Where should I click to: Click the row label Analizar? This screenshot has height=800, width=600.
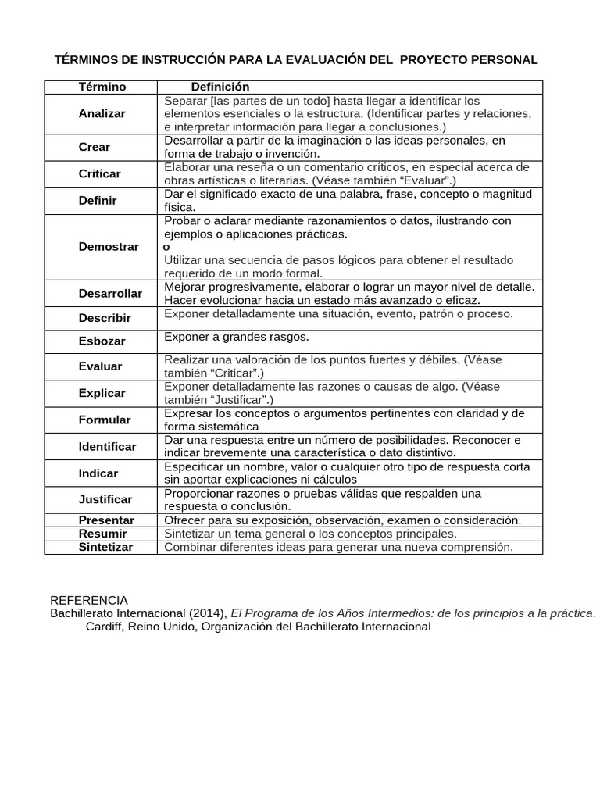pyautogui.click(x=102, y=114)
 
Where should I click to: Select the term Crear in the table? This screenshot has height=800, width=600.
pyautogui.click(x=95, y=147)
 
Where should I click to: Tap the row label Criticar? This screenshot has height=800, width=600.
pyautogui.click(x=100, y=173)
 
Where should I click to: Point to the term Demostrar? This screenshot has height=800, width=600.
pyautogui.click(x=109, y=247)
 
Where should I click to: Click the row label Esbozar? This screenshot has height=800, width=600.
pyautogui.click(x=102, y=341)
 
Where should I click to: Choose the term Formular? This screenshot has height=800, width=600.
pyautogui.click(x=105, y=420)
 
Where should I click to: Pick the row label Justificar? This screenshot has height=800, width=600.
pyautogui.click(x=105, y=499)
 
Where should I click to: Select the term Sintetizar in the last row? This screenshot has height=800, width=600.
pyautogui.click(x=105, y=547)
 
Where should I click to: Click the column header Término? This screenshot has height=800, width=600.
pyautogui.click(x=102, y=87)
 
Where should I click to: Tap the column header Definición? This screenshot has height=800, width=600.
pyautogui.click(x=220, y=87)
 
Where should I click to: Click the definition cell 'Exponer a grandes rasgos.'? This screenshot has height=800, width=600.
pyautogui.click(x=237, y=337)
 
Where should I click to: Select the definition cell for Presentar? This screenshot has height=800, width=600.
pyautogui.click(x=342, y=520)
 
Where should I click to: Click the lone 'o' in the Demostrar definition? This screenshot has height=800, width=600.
pyautogui.click(x=166, y=247)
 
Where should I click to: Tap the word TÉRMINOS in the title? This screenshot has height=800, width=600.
pyautogui.click(x=88, y=60)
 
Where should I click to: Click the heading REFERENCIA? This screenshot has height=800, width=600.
pyautogui.click(x=88, y=600)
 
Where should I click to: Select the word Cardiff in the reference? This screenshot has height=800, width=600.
pyautogui.click(x=105, y=627)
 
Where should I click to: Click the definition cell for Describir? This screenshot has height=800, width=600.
pyautogui.click(x=338, y=314)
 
